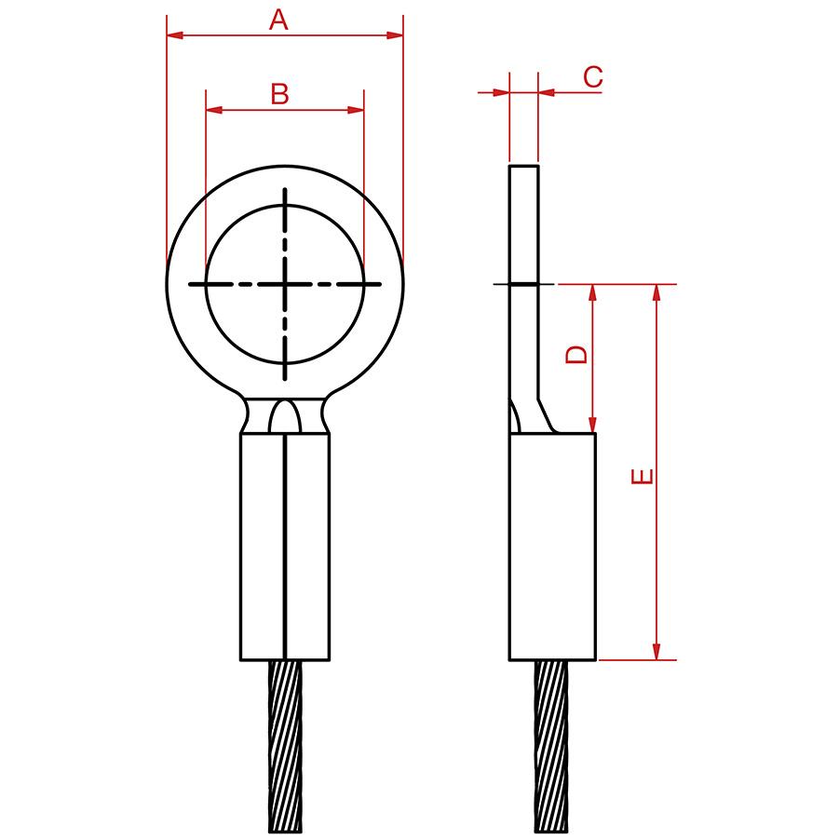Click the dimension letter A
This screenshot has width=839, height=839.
pyautogui.click(x=277, y=19)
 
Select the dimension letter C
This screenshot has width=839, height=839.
pyautogui.click(x=592, y=77)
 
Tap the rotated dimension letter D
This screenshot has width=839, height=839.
pyautogui.click(x=577, y=355)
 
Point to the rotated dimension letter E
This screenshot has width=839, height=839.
pyautogui.click(x=642, y=477)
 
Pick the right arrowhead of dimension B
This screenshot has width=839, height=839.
pyautogui.click(x=355, y=110)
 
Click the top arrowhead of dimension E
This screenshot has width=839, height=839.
pyautogui.click(x=657, y=293)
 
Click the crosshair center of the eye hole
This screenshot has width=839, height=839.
pyautogui.click(x=284, y=283)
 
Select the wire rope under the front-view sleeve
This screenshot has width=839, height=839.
pyautogui.click(x=285, y=745)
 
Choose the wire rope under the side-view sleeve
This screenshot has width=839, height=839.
pyautogui.click(x=551, y=745)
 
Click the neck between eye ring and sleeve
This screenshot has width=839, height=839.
pyautogui.click(x=284, y=416)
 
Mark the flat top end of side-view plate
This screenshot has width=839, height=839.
pyautogui.click(x=523, y=167)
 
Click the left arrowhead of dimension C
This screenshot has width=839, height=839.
pyautogui.click(x=501, y=92)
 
